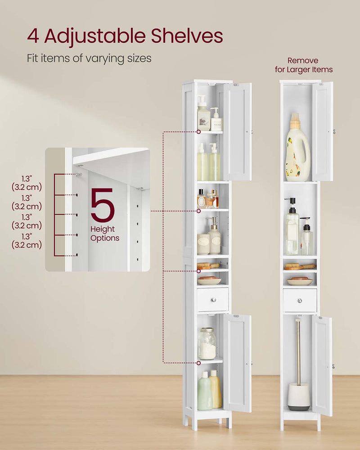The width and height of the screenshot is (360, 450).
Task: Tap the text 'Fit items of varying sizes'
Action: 89,58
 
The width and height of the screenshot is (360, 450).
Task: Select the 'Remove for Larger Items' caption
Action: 303,65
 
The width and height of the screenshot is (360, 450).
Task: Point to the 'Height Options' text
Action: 105,234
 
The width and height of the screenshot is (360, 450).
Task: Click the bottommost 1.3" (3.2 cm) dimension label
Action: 27,241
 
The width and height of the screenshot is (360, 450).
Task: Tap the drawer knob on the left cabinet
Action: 213,300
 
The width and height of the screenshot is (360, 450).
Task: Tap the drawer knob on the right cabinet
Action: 299,300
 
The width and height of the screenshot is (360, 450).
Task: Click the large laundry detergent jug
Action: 297,148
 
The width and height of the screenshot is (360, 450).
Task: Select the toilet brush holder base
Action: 299,396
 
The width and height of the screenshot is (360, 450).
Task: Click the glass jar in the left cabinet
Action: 207,344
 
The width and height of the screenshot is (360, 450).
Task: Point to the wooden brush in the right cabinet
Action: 299,266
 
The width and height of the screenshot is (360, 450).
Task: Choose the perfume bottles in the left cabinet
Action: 207,199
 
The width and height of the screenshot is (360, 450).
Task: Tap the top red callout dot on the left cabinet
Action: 198,132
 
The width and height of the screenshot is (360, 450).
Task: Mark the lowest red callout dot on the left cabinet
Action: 198,362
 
